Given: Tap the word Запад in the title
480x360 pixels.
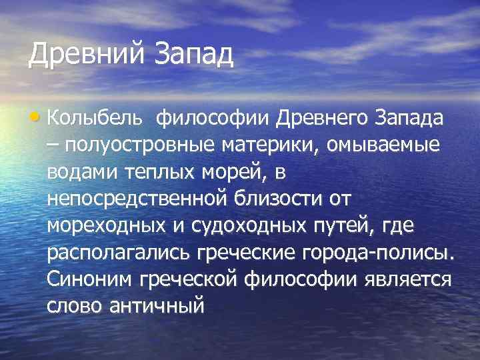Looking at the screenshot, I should point(194,55).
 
